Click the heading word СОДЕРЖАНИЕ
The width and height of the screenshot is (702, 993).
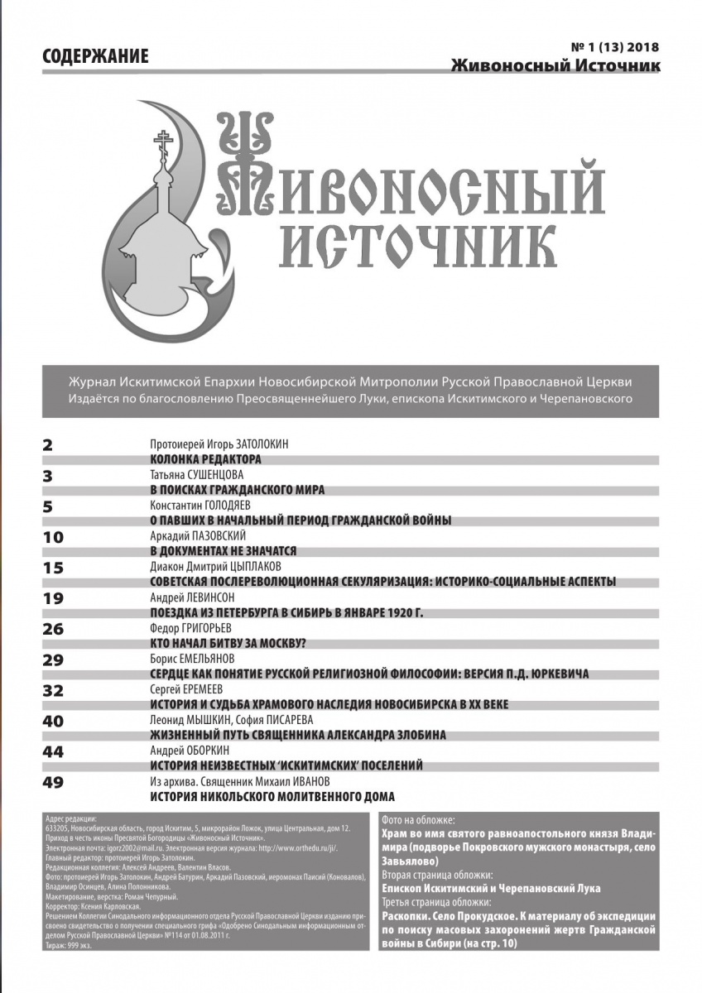pos(94,57)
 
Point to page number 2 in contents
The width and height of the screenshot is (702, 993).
pos(47,444)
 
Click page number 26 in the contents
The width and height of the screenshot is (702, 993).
pos(52,629)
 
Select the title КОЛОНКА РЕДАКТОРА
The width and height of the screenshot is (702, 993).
pos(205,458)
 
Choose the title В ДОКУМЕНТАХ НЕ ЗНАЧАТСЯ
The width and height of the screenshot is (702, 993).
pos(223,550)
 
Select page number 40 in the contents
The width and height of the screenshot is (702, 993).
pos(52,721)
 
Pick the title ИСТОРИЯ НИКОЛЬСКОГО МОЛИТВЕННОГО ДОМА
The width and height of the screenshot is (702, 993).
pos(272,797)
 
